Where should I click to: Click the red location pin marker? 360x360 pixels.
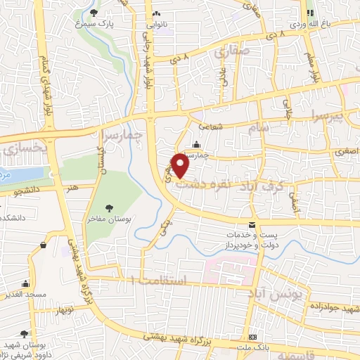181,166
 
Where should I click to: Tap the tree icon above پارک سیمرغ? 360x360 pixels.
95,12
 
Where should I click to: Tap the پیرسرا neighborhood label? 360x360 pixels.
327,113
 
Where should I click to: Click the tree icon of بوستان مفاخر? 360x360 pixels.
109,207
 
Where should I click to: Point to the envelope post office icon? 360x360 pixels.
252,224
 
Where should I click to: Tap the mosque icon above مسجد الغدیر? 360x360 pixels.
25,283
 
